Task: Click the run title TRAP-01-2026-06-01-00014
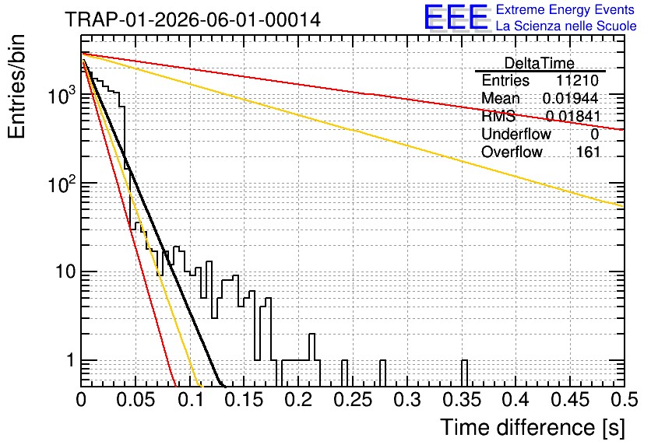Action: click(192, 19)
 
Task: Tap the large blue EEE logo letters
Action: click(456, 17)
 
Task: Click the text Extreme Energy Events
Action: click(565, 9)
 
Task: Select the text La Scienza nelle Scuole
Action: click(566, 26)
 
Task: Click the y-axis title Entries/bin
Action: click(16, 86)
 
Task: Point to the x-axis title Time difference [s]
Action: click(533, 427)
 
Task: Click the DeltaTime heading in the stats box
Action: click(539, 63)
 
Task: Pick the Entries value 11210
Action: click(577, 80)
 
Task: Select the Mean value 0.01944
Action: click(570, 98)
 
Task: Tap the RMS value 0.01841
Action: click(573, 116)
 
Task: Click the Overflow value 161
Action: click(588, 152)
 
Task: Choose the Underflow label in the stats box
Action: click(516, 134)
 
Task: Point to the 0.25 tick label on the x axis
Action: click(353, 400)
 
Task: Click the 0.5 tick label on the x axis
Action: click(625, 400)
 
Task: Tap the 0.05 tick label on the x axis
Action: click(135, 400)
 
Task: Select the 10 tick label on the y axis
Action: click(65, 272)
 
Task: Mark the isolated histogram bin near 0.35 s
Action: click(464, 373)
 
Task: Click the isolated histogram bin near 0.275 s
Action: click(382, 373)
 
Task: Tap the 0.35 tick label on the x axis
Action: click(462, 400)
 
